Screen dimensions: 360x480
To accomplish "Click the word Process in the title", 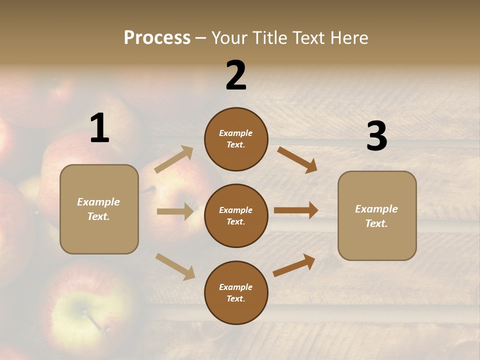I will click(157, 38).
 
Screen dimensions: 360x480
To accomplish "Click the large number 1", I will click(99, 128).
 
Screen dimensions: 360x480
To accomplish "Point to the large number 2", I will click(236, 75).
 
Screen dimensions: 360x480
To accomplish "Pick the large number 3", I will click(376, 136).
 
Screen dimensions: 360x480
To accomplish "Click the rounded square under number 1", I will click(99, 209).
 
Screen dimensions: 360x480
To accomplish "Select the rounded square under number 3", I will click(377, 216).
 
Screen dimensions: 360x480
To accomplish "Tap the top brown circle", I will click(236, 139).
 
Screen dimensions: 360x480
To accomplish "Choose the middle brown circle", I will click(236, 216).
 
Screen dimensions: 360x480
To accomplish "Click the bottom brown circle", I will click(236, 293).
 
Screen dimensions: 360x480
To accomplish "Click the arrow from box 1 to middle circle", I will click(175, 211).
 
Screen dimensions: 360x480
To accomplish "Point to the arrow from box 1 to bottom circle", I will click(175, 266).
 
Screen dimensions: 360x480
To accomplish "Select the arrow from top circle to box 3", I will click(297, 159).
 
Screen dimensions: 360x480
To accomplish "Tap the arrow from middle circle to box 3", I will click(296, 210).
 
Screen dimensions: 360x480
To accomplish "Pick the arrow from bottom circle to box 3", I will click(294, 265).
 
